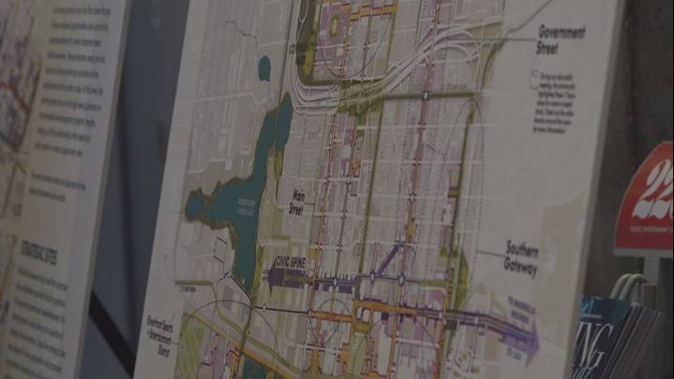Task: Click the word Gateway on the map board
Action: click(x=522, y=270)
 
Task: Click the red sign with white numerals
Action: click(x=646, y=202)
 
